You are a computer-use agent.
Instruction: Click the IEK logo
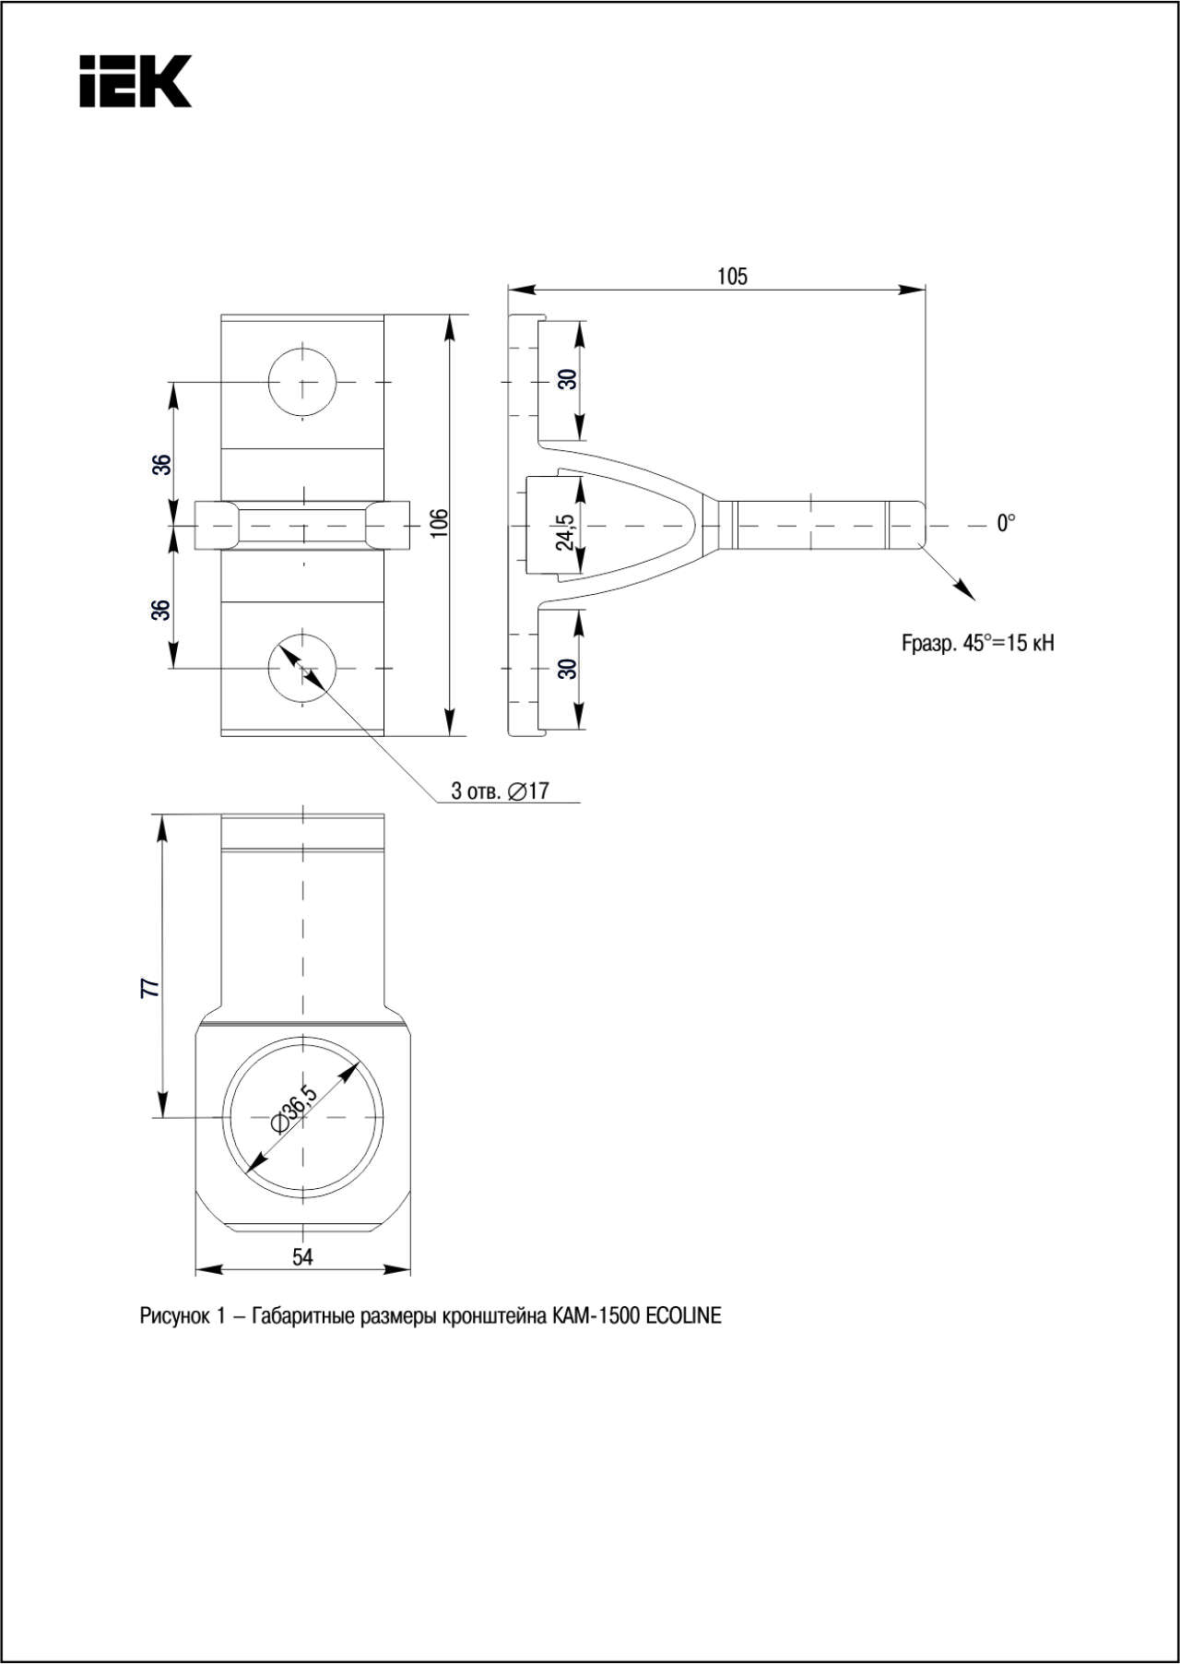(136, 81)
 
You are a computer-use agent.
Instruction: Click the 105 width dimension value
(733, 277)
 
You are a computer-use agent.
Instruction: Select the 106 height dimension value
(440, 522)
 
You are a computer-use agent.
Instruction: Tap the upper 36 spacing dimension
(162, 464)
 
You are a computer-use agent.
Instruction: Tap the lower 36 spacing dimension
(162, 610)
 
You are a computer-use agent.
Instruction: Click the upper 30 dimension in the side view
(568, 378)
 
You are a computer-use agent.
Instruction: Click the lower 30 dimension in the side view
(568, 668)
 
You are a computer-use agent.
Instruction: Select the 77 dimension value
(150, 988)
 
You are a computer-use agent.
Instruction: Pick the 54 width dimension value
(302, 1257)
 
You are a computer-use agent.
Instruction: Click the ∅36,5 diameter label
(294, 1109)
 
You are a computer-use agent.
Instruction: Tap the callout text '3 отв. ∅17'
(500, 790)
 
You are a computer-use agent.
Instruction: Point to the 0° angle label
(1006, 523)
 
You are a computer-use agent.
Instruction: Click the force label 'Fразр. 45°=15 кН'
(978, 643)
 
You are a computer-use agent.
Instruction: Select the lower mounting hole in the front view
(302, 667)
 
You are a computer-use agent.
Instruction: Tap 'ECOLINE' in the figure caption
(683, 1316)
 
